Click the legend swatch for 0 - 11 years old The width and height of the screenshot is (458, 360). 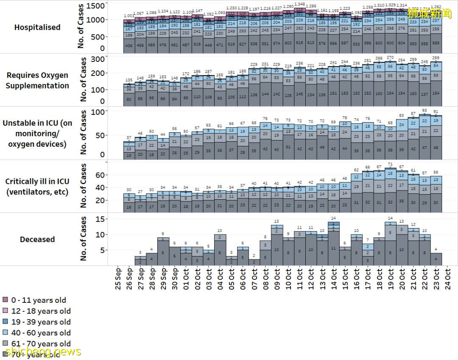click(6, 300)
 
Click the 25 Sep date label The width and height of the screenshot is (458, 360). click(118, 279)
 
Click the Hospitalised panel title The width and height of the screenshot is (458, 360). click(37, 27)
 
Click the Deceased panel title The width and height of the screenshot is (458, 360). click(37, 239)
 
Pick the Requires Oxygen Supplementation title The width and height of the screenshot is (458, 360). click(37, 80)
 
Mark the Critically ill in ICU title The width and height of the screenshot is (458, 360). click(37, 186)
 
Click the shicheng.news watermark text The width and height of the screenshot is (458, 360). click(40, 352)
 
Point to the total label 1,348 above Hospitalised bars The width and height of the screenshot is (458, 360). click(300, 4)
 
